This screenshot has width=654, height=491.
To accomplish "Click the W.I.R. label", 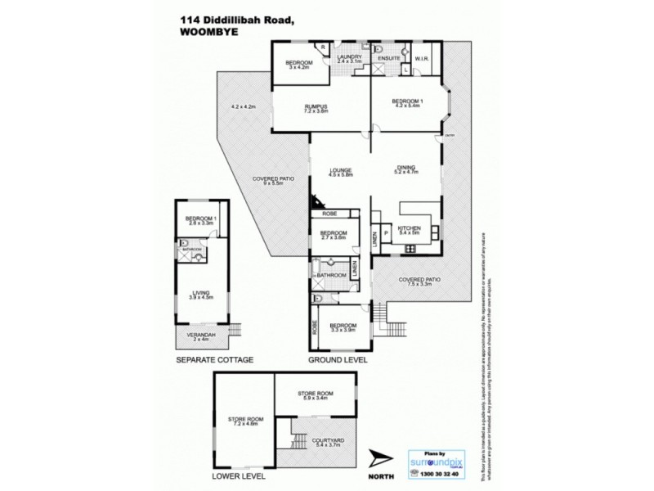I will pyautogui.click(x=423, y=58).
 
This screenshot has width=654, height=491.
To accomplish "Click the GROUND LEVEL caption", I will pyautogui.click(x=338, y=360).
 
